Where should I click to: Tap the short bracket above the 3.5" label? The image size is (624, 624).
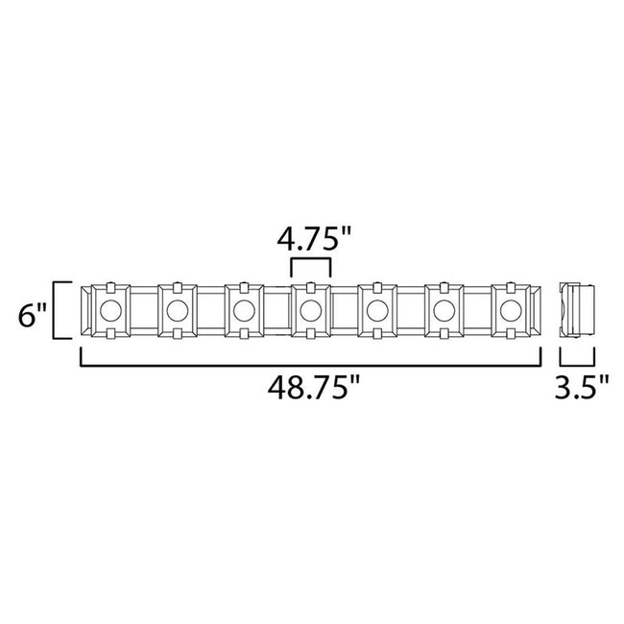click(x=579, y=363)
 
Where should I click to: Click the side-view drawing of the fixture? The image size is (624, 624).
click(x=579, y=310)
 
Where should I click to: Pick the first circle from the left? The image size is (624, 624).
click(x=110, y=310)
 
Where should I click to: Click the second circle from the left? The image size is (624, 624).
click(x=177, y=310)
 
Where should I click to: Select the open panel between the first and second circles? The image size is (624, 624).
click(x=143, y=310)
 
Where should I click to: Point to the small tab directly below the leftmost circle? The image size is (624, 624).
click(x=110, y=334)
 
